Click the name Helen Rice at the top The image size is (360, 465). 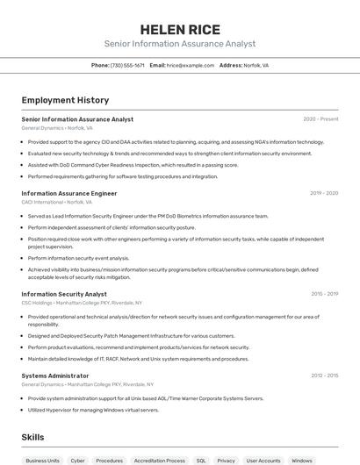(x=180, y=30)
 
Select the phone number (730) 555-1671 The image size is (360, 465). (x=127, y=65)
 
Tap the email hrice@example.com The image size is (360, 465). (x=191, y=65)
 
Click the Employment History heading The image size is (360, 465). (x=65, y=100)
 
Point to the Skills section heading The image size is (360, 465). (x=33, y=437)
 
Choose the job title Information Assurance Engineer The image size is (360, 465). (x=68, y=193)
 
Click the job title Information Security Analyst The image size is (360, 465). (x=64, y=294)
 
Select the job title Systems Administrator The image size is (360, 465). (x=55, y=376)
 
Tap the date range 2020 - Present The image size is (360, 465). (x=320, y=119)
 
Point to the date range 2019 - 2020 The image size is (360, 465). (x=324, y=193)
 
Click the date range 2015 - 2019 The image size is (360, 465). (x=324, y=294)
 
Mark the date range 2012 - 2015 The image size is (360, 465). (x=324, y=376)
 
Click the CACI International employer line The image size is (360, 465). (x=56, y=202)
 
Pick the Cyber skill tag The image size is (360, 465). (x=78, y=460)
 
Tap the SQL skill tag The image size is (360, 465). (x=201, y=460)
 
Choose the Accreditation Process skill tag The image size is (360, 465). (x=160, y=460)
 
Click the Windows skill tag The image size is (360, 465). (x=302, y=460)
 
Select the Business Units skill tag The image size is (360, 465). (x=42, y=460)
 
